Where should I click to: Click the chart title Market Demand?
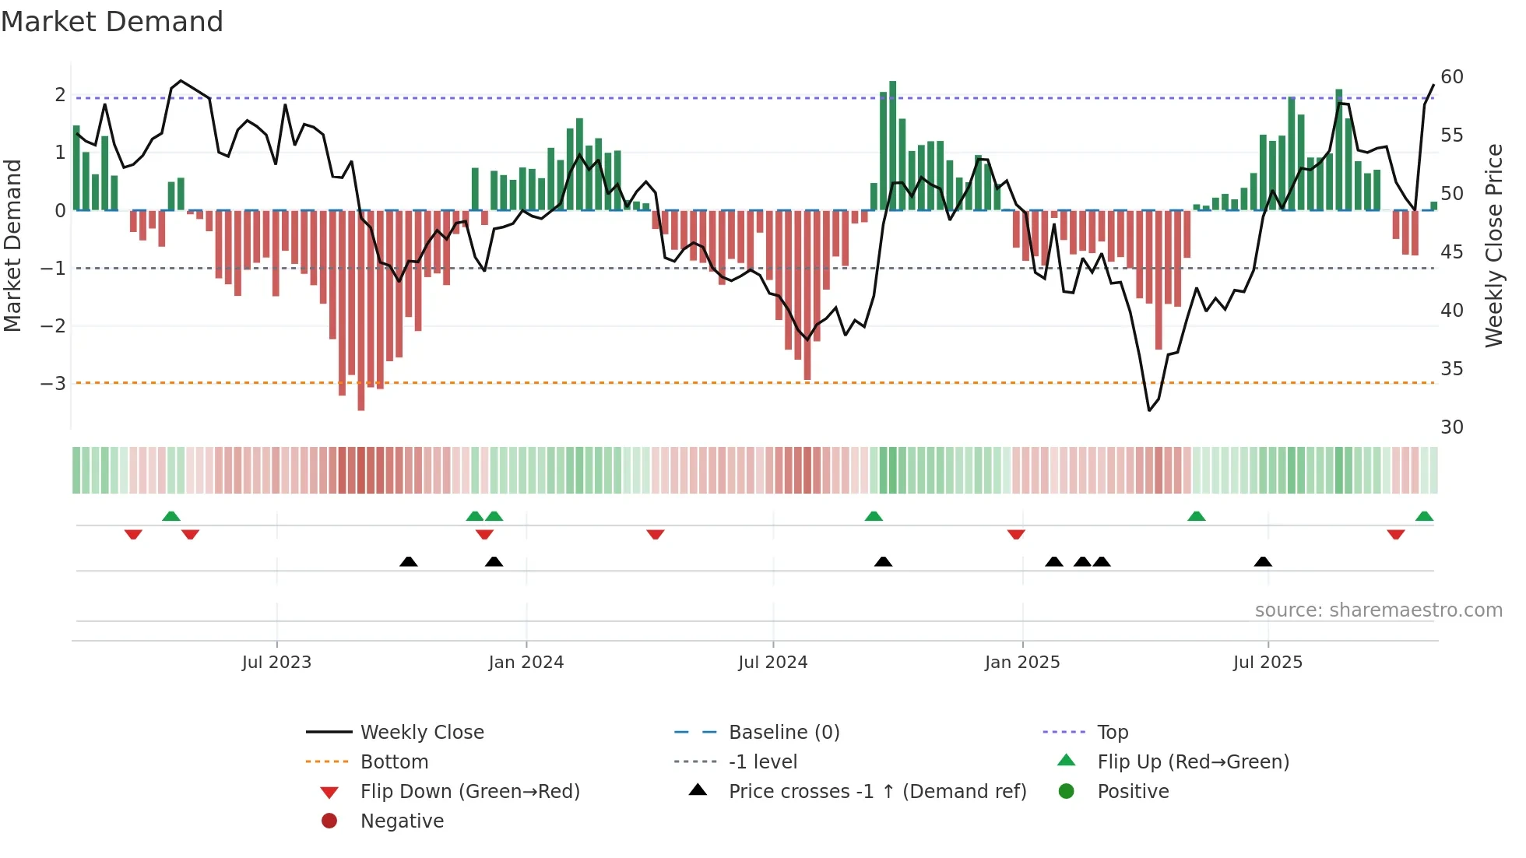[112, 22]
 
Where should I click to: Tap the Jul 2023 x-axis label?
[276, 663]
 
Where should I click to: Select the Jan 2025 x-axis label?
[1021, 663]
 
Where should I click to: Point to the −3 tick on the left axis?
[53, 384]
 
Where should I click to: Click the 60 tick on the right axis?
[1451, 77]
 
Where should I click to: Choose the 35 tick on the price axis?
[1451, 369]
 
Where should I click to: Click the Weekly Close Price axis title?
[1493, 245]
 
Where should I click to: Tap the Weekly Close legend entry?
[421, 733]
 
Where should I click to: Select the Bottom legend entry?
[394, 762]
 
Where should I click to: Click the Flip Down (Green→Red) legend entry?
[469, 792]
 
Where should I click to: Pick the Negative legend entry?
[402, 821]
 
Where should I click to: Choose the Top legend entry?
[1112, 733]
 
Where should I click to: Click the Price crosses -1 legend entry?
[877, 792]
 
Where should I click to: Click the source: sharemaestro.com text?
[1378, 610]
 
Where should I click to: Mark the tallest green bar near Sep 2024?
[892, 146]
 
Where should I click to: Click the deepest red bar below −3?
[361, 311]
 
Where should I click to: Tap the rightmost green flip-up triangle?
[1424, 516]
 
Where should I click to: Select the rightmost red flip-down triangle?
[1395, 534]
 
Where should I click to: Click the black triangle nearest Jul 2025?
[1263, 562]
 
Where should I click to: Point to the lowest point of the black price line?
[1149, 410]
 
